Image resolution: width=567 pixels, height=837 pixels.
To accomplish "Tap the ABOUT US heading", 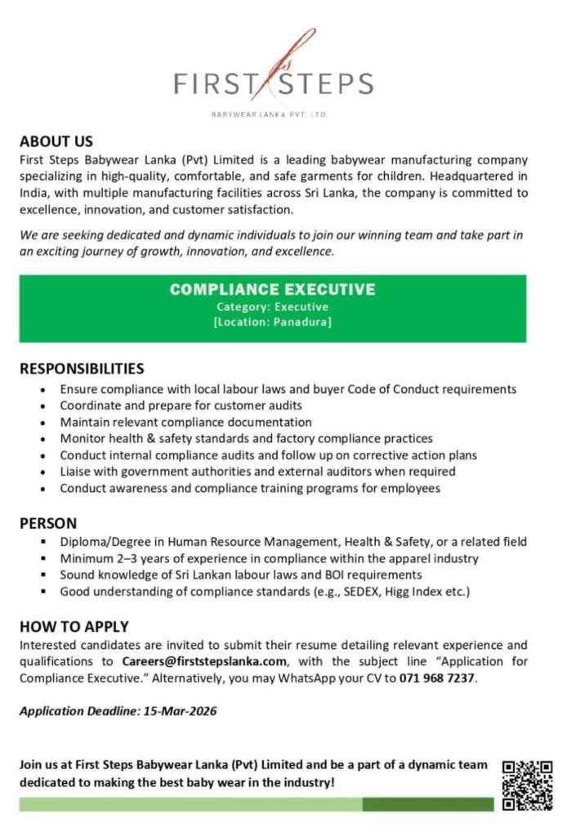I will click(x=56, y=141).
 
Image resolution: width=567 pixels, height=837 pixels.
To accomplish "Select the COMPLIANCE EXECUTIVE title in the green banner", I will click(x=273, y=289).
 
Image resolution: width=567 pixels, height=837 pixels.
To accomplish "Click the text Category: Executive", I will click(x=273, y=307).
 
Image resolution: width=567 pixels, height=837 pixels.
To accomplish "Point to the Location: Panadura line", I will click(x=273, y=323).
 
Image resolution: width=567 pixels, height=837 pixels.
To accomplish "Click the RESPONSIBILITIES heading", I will click(x=82, y=369).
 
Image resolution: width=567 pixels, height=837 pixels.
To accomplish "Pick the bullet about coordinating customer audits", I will click(x=181, y=405).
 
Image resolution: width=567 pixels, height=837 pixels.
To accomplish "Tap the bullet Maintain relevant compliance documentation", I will click(x=185, y=423).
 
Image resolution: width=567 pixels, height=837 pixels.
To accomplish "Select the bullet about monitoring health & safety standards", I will click(x=246, y=439).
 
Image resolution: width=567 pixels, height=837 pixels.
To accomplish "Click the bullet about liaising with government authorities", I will click(x=257, y=472).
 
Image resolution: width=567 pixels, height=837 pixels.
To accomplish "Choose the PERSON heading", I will click(x=48, y=523).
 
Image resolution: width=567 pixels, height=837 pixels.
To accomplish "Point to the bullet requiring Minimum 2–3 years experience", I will click(x=269, y=558).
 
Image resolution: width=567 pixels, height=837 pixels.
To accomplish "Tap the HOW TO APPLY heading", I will click(x=74, y=627).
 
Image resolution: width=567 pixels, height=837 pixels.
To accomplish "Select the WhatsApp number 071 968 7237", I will click(x=437, y=678).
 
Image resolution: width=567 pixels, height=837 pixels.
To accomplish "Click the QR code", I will click(x=527, y=785).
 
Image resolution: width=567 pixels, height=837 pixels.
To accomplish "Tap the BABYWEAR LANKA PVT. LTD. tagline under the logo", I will click(x=269, y=115).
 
